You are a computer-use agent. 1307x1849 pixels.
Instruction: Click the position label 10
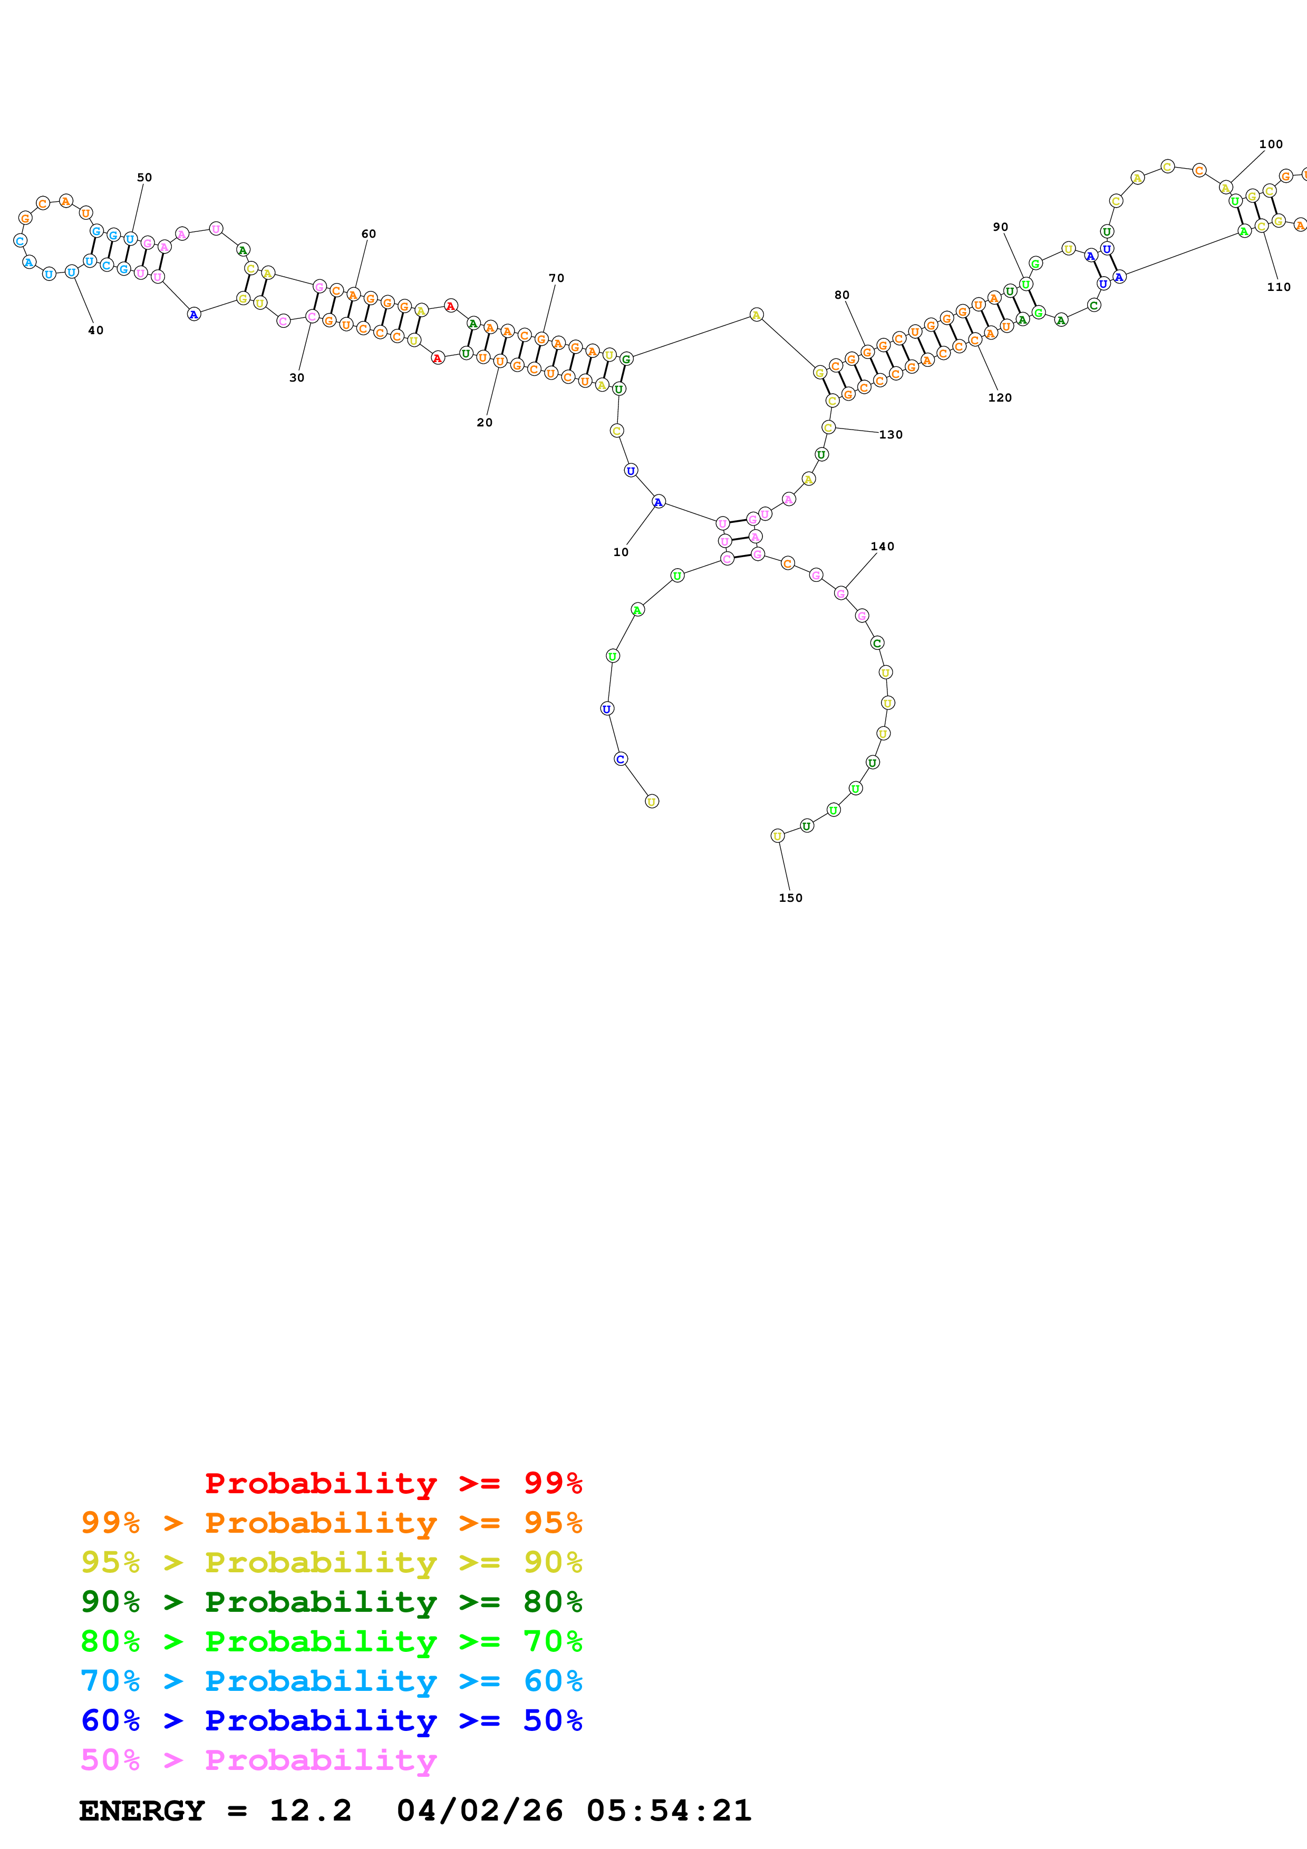tap(620, 552)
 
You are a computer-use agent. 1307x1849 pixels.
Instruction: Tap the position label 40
tap(96, 330)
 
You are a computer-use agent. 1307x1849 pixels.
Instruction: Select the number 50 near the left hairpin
tap(144, 177)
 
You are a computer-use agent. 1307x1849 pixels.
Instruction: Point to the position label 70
tap(556, 278)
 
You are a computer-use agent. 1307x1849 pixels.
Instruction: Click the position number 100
tap(1271, 144)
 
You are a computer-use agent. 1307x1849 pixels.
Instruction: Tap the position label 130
tap(890, 435)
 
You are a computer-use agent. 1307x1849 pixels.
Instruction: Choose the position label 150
tap(790, 898)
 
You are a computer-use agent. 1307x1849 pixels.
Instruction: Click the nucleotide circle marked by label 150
tap(777, 836)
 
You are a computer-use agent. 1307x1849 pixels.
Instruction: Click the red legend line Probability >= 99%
tap(393, 1483)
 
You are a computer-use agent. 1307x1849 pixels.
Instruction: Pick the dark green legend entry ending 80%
tap(331, 1602)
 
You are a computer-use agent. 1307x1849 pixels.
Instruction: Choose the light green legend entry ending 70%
tap(331, 1641)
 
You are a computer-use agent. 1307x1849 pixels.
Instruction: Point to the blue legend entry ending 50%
tap(331, 1720)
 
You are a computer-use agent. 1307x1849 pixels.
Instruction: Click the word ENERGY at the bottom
tap(142, 1811)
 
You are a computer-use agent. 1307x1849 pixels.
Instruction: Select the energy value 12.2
tap(310, 1811)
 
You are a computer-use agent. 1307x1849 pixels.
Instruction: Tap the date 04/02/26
tap(480, 1811)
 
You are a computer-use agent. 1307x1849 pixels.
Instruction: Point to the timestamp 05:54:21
tap(669, 1811)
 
